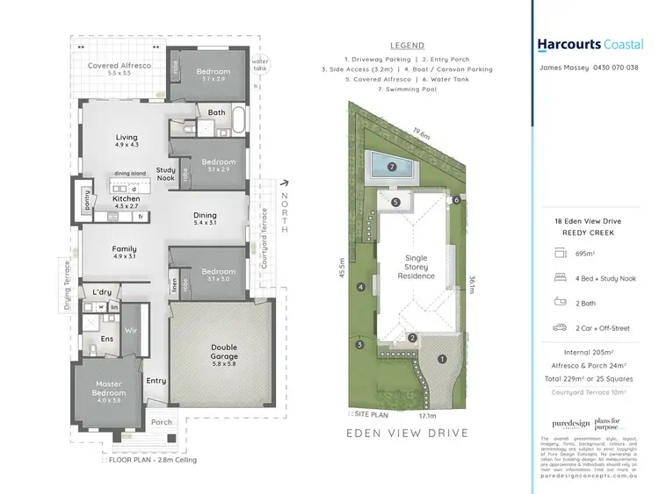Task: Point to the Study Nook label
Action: tap(166, 174)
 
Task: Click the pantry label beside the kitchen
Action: tap(86, 200)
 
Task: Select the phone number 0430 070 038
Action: tap(614, 68)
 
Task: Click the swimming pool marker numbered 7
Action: tap(394, 165)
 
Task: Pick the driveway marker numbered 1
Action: tap(443, 358)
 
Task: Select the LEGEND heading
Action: tap(406, 46)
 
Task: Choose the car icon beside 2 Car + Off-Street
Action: tap(560, 327)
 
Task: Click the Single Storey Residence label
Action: tap(416, 267)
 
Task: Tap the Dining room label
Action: tap(205, 216)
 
